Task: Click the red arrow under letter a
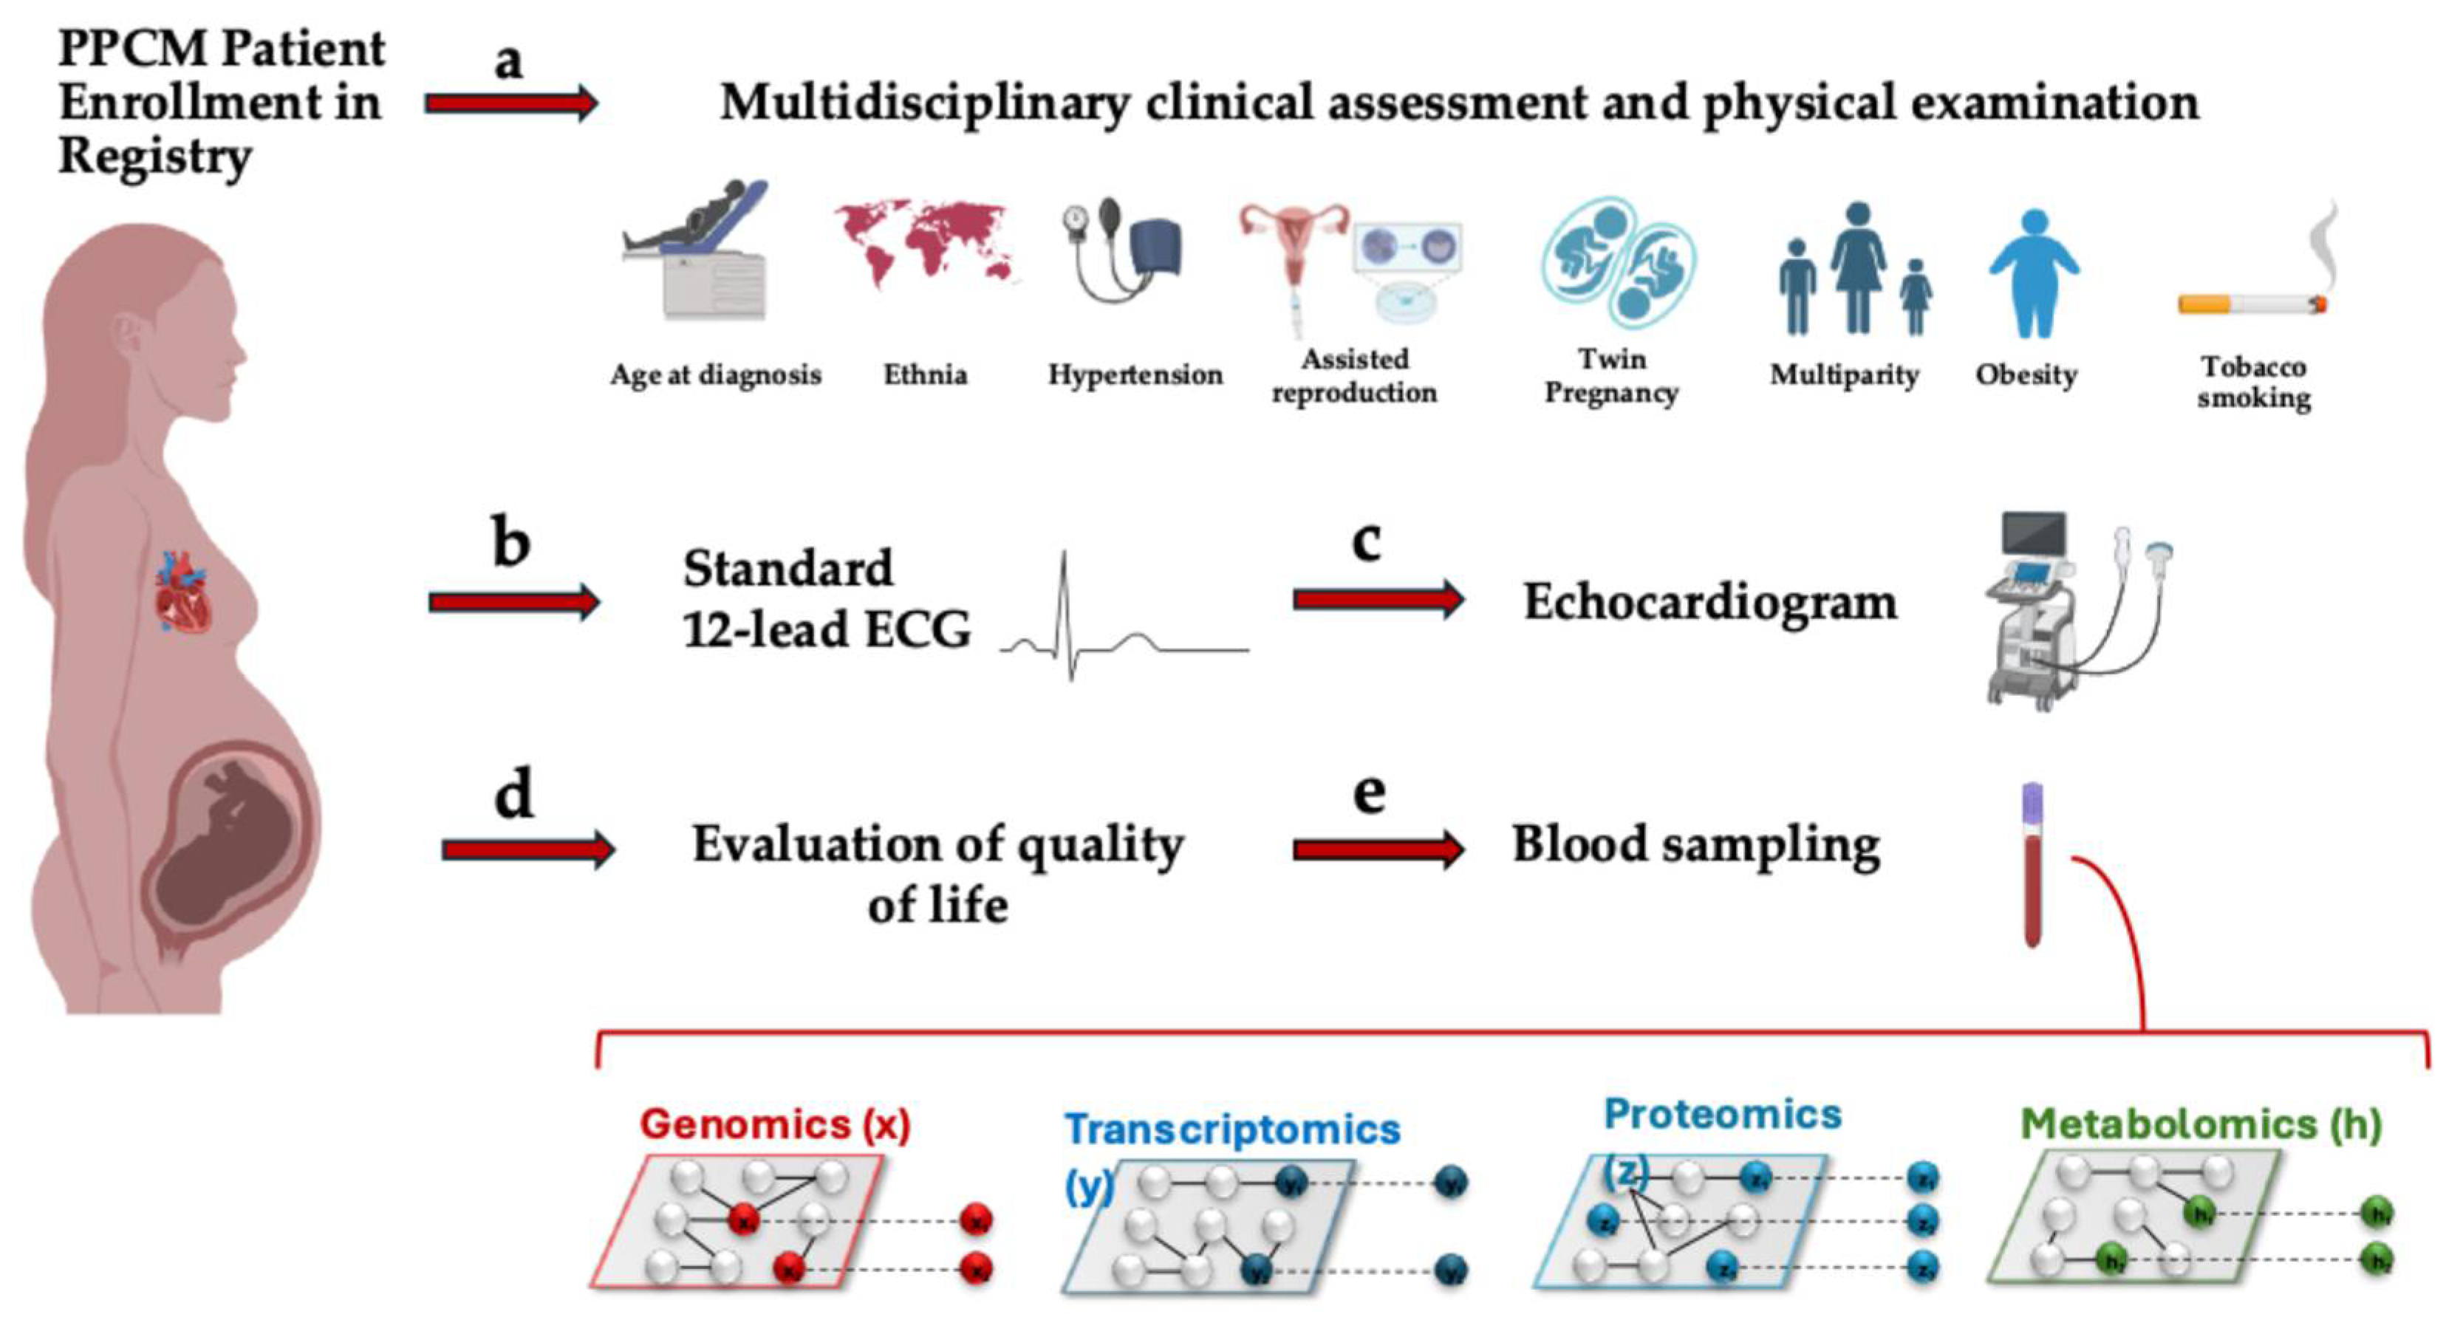[x=510, y=103]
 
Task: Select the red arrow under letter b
[x=513, y=601]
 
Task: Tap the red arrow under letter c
[x=1378, y=598]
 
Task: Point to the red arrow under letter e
[x=1378, y=848]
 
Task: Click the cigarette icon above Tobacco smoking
[x=2256, y=285]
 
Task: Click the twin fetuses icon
[x=1618, y=261]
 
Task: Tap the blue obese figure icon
[x=2033, y=273]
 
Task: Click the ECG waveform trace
[x=1121, y=627]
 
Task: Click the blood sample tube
[x=2032, y=864]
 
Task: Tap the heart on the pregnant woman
[x=183, y=595]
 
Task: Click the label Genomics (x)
[x=775, y=1124]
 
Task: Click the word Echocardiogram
[x=1710, y=602]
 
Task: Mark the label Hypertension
[x=1135, y=375]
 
